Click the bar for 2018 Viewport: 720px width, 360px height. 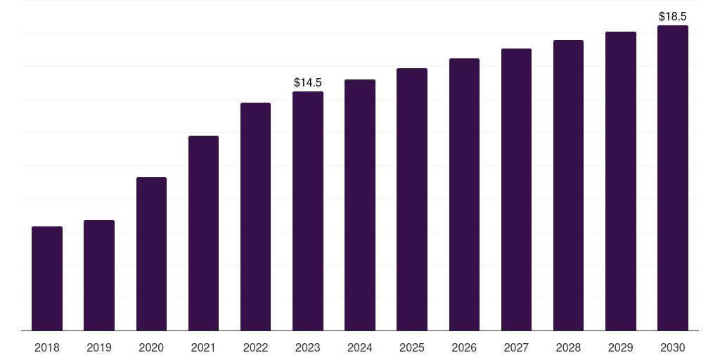point(47,278)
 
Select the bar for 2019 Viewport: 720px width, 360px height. point(99,275)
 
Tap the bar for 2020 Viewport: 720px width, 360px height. point(152,254)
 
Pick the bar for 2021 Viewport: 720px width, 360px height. point(203,233)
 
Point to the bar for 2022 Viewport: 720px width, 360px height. point(255,217)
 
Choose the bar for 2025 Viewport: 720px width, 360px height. point(412,199)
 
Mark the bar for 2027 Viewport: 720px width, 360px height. point(516,190)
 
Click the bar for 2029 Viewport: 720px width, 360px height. point(621,181)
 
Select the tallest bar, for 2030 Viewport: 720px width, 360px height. point(673,178)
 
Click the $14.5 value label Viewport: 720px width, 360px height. point(308,83)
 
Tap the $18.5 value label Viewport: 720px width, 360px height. point(673,17)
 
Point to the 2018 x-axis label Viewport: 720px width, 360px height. point(47,347)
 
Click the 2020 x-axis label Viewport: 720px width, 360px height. point(152,347)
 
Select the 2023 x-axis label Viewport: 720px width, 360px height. point(308,347)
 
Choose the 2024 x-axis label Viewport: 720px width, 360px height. point(360,347)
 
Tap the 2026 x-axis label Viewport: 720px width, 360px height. point(464,347)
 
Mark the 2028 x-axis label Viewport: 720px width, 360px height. point(568,347)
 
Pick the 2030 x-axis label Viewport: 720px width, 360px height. point(673,347)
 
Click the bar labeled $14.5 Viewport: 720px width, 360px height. point(308,211)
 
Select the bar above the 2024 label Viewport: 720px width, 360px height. point(360,205)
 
